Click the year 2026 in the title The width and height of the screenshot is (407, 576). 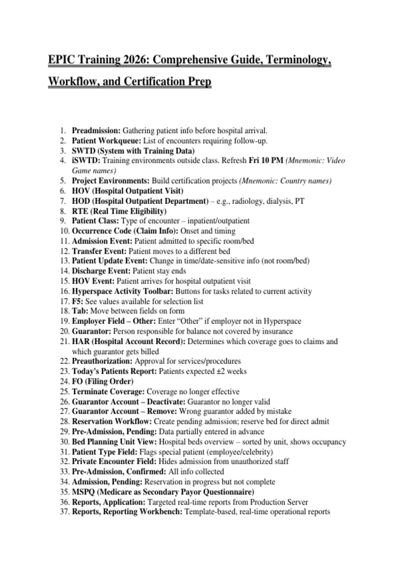tap(135, 60)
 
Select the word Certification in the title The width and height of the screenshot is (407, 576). tap(152, 82)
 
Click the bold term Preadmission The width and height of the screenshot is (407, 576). tap(96, 131)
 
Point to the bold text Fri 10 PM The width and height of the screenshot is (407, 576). tap(266, 161)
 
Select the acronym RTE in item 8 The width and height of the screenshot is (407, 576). tap(80, 211)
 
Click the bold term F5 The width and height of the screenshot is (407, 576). tap(77, 302)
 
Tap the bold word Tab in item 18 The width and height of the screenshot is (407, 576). tap(80, 311)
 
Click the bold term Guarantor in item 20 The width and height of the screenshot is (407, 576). tap(91, 331)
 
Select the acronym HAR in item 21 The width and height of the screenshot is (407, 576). tap(80, 342)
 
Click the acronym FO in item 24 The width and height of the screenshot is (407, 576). tap(77, 382)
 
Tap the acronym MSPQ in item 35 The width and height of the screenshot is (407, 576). tap(83, 492)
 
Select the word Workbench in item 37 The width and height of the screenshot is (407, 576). tap(163, 512)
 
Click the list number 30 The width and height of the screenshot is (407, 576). tap(64, 442)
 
